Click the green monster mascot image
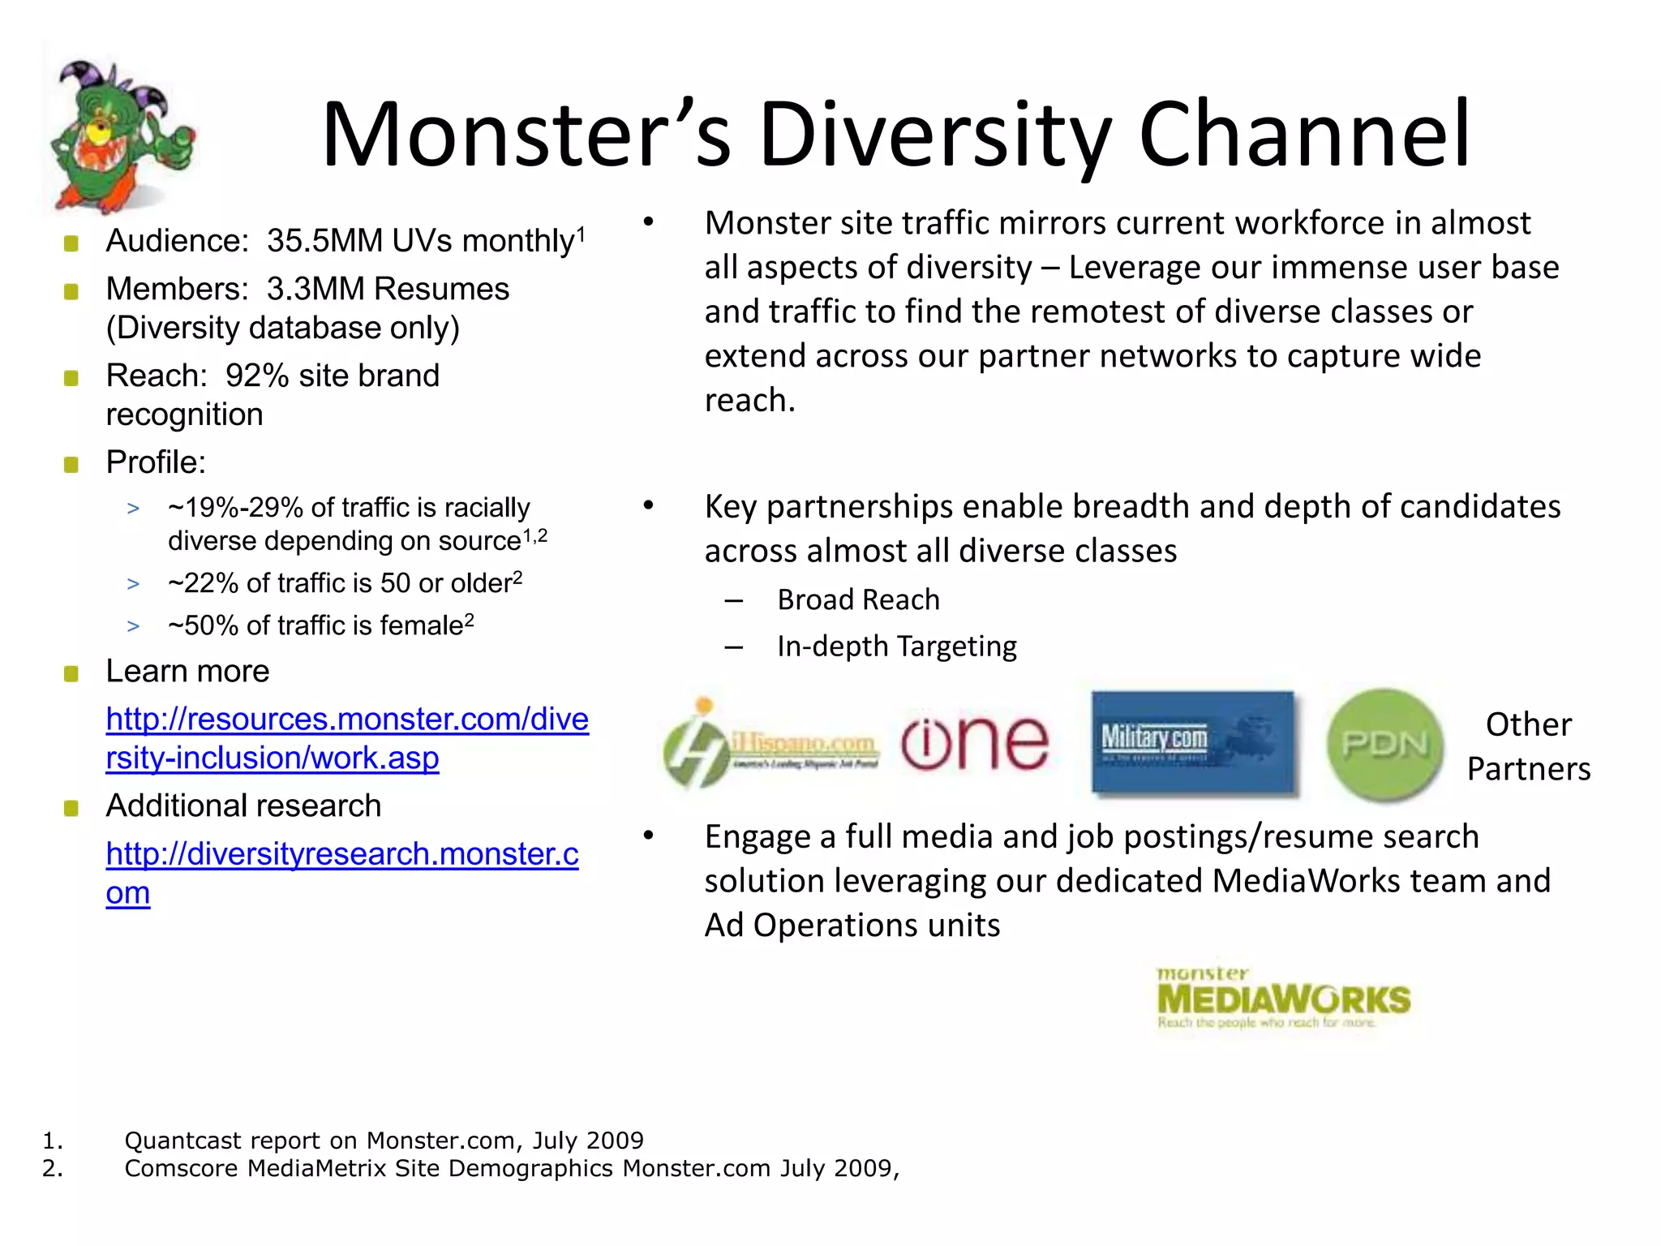122,134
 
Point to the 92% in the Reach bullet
257,376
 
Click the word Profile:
156,462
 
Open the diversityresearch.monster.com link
341,854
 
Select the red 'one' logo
974,741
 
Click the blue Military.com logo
1192,741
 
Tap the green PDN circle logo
1384,745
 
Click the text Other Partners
1528,746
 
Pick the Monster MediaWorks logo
1283,999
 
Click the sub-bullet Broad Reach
858,600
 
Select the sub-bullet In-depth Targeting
896,647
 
